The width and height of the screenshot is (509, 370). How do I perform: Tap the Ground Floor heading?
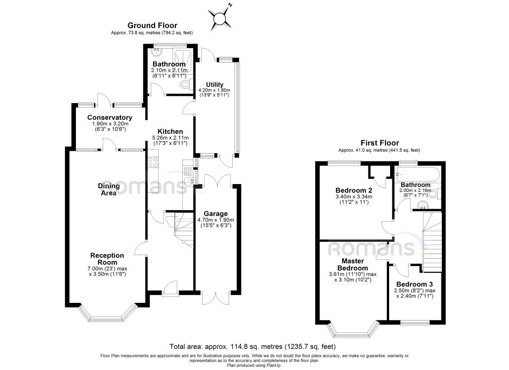coord(152,25)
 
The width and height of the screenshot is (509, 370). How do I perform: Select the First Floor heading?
coord(379,143)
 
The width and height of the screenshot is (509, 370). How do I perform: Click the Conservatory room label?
coord(110,117)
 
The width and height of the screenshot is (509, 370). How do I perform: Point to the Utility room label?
coord(215,84)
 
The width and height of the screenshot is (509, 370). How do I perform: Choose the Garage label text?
coord(216,214)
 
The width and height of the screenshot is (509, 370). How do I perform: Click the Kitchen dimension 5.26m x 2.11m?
coord(170,138)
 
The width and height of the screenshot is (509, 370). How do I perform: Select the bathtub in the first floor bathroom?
coord(417,175)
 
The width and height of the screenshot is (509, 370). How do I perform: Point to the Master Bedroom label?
coord(353,265)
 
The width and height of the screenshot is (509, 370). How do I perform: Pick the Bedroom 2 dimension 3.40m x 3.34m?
coord(354,197)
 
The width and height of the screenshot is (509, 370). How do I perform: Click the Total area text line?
coord(252,346)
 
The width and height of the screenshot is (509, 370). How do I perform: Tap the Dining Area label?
coord(109,189)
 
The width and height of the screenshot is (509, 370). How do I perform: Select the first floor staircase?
coord(432,242)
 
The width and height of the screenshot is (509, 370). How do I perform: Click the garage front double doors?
coord(215,297)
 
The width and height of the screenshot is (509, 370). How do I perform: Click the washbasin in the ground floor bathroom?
coord(157,52)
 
